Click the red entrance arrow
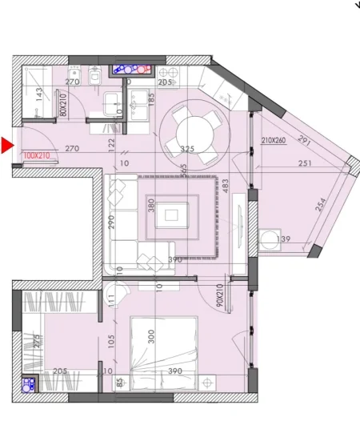(x=7, y=146)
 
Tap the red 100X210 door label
(x=37, y=156)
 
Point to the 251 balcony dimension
(x=305, y=164)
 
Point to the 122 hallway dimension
(x=112, y=143)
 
